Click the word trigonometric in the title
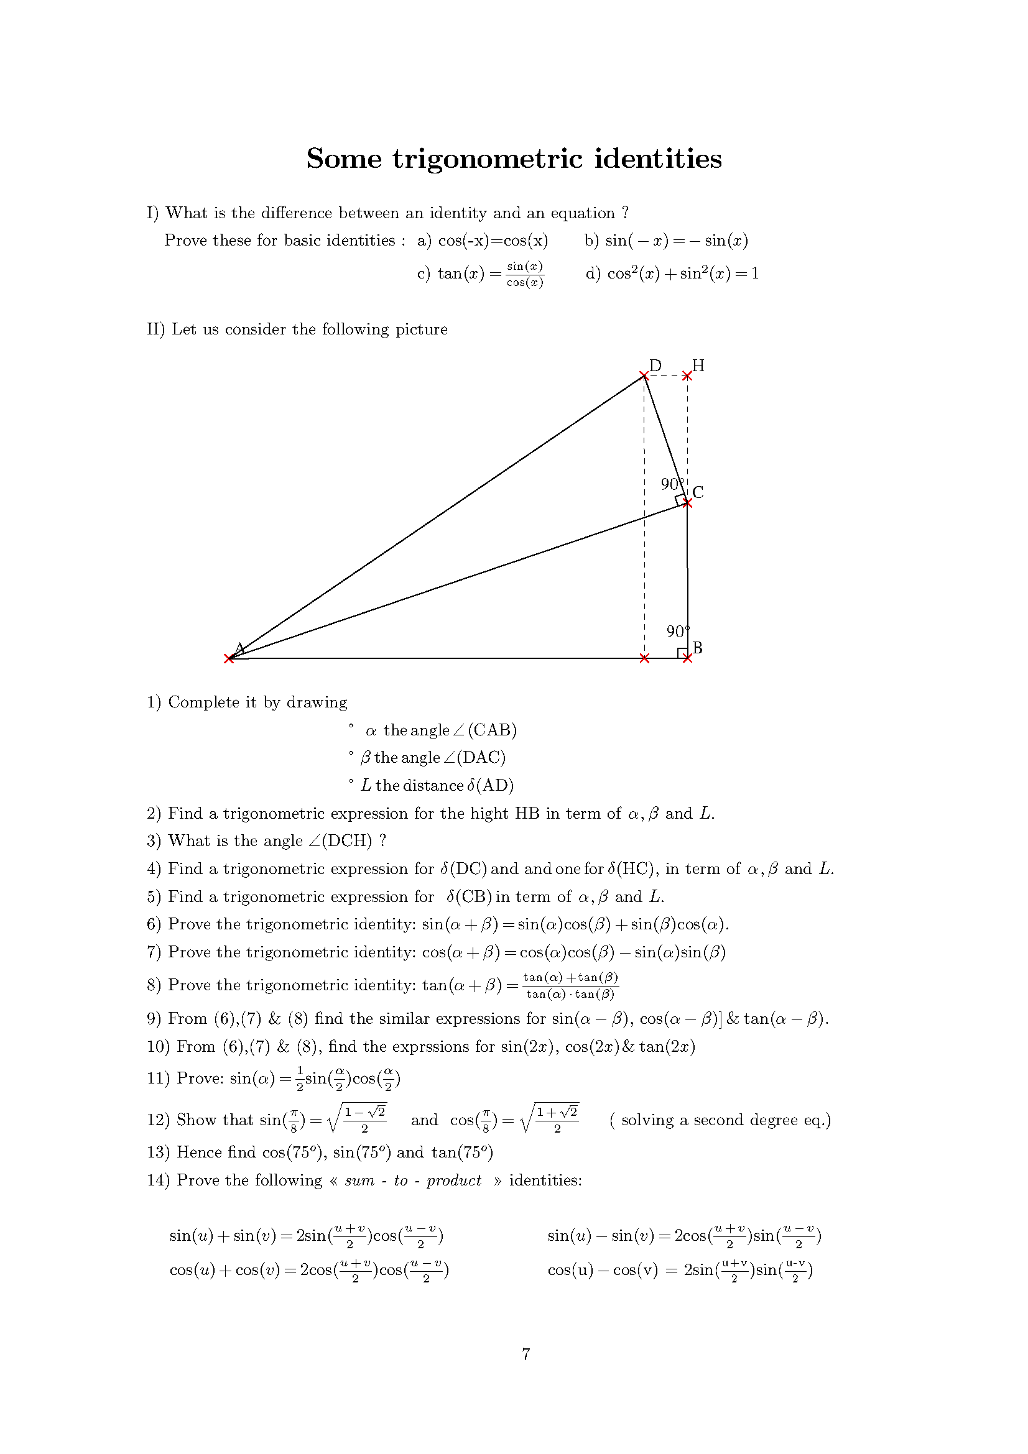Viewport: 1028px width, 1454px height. point(487,159)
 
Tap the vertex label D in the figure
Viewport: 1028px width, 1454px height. point(655,366)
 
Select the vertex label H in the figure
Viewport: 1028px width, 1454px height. point(698,366)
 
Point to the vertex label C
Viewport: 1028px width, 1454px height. point(698,492)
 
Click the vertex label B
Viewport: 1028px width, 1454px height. point(697,647)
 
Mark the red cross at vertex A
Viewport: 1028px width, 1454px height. point(229,658)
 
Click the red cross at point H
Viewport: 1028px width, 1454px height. point(687,376)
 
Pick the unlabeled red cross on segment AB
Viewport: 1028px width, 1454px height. point(644,658)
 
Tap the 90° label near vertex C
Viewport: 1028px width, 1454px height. point(671,484)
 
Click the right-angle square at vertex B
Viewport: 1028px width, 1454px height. point(683,653)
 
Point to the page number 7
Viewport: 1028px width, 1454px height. point(526,1354)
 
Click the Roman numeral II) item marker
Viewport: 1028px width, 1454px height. point(156,329)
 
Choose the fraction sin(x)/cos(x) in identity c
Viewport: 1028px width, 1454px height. point(524,274)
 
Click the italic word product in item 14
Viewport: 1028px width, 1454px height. point(453,1180)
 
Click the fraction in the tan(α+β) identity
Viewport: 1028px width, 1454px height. point(571,985)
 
